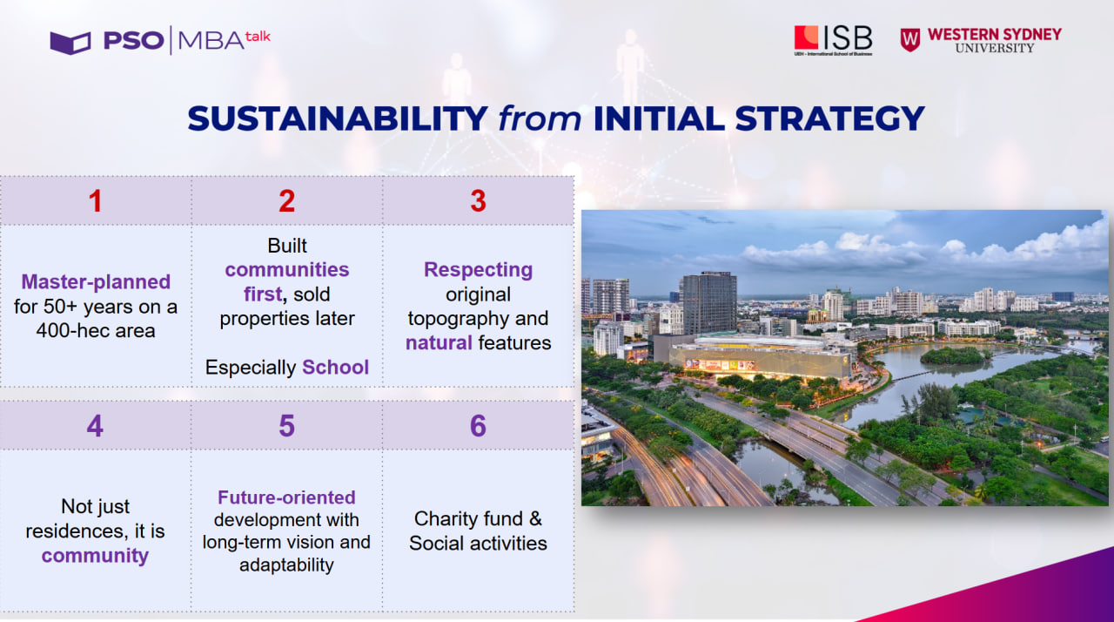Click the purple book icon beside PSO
(70, 43)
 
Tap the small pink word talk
(258, 37)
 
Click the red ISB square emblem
(806, 37)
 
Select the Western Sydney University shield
(910, 40)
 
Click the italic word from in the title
(540, 118)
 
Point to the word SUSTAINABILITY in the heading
(338, 118)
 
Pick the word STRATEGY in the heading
(829, 118)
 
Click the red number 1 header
(96, 201)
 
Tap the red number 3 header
(478, 201)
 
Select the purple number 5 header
(286, 426)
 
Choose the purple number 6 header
(478, 426)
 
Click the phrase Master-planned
(96, 282)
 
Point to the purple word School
(336, 368)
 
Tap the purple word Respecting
(478, 270)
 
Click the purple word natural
(439, 343)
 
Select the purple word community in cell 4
(95, 556)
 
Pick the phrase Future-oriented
(286, 497)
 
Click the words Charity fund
(468, 519)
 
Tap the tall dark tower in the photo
(709, 303)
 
